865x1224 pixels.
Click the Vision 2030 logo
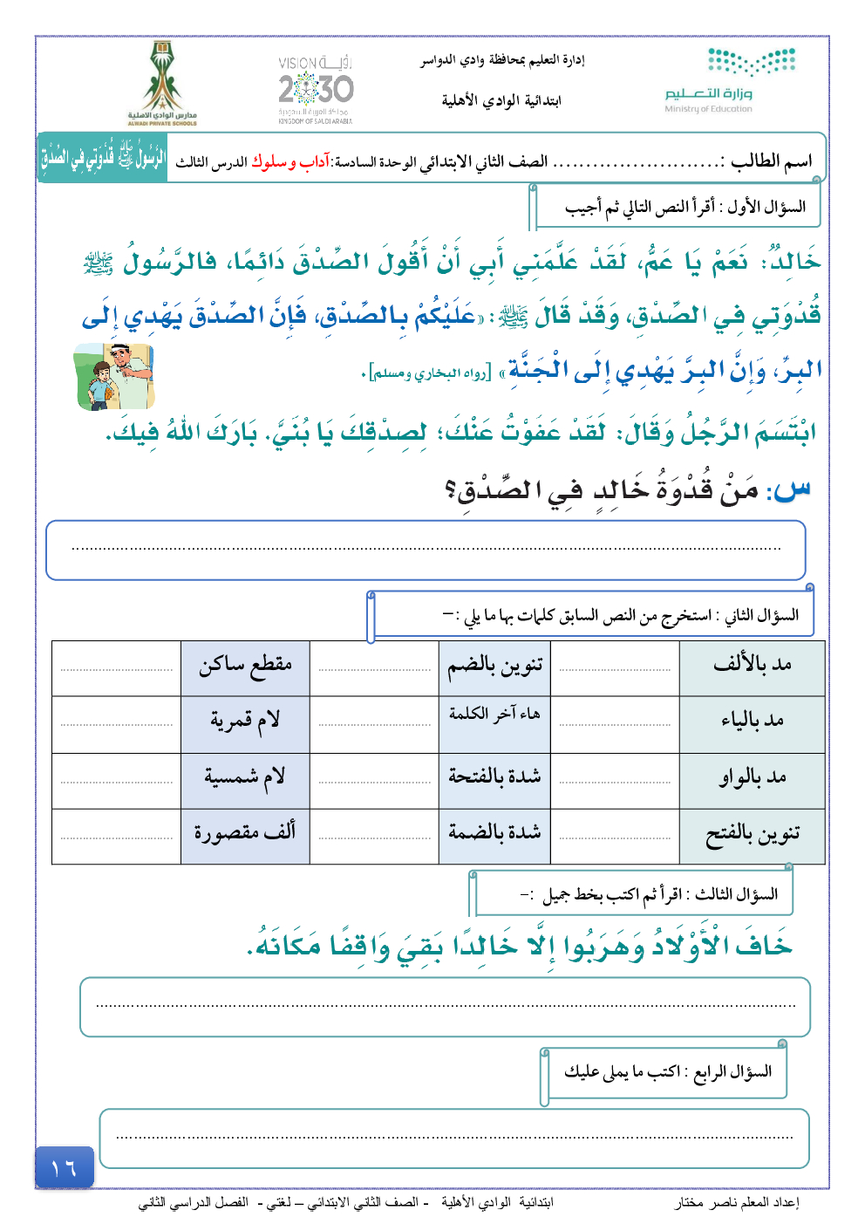pos(316,90)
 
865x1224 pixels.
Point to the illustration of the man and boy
pos(114,376)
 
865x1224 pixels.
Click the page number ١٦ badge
pos(64,1167)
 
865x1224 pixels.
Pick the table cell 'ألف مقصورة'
pos(245,834)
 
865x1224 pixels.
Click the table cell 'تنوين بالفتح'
pos(752,834)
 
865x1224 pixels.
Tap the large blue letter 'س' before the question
pos(792,489)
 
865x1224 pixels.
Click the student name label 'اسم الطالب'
pos(771,161)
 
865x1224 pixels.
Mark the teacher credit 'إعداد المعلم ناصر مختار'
pos(737,1203)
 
